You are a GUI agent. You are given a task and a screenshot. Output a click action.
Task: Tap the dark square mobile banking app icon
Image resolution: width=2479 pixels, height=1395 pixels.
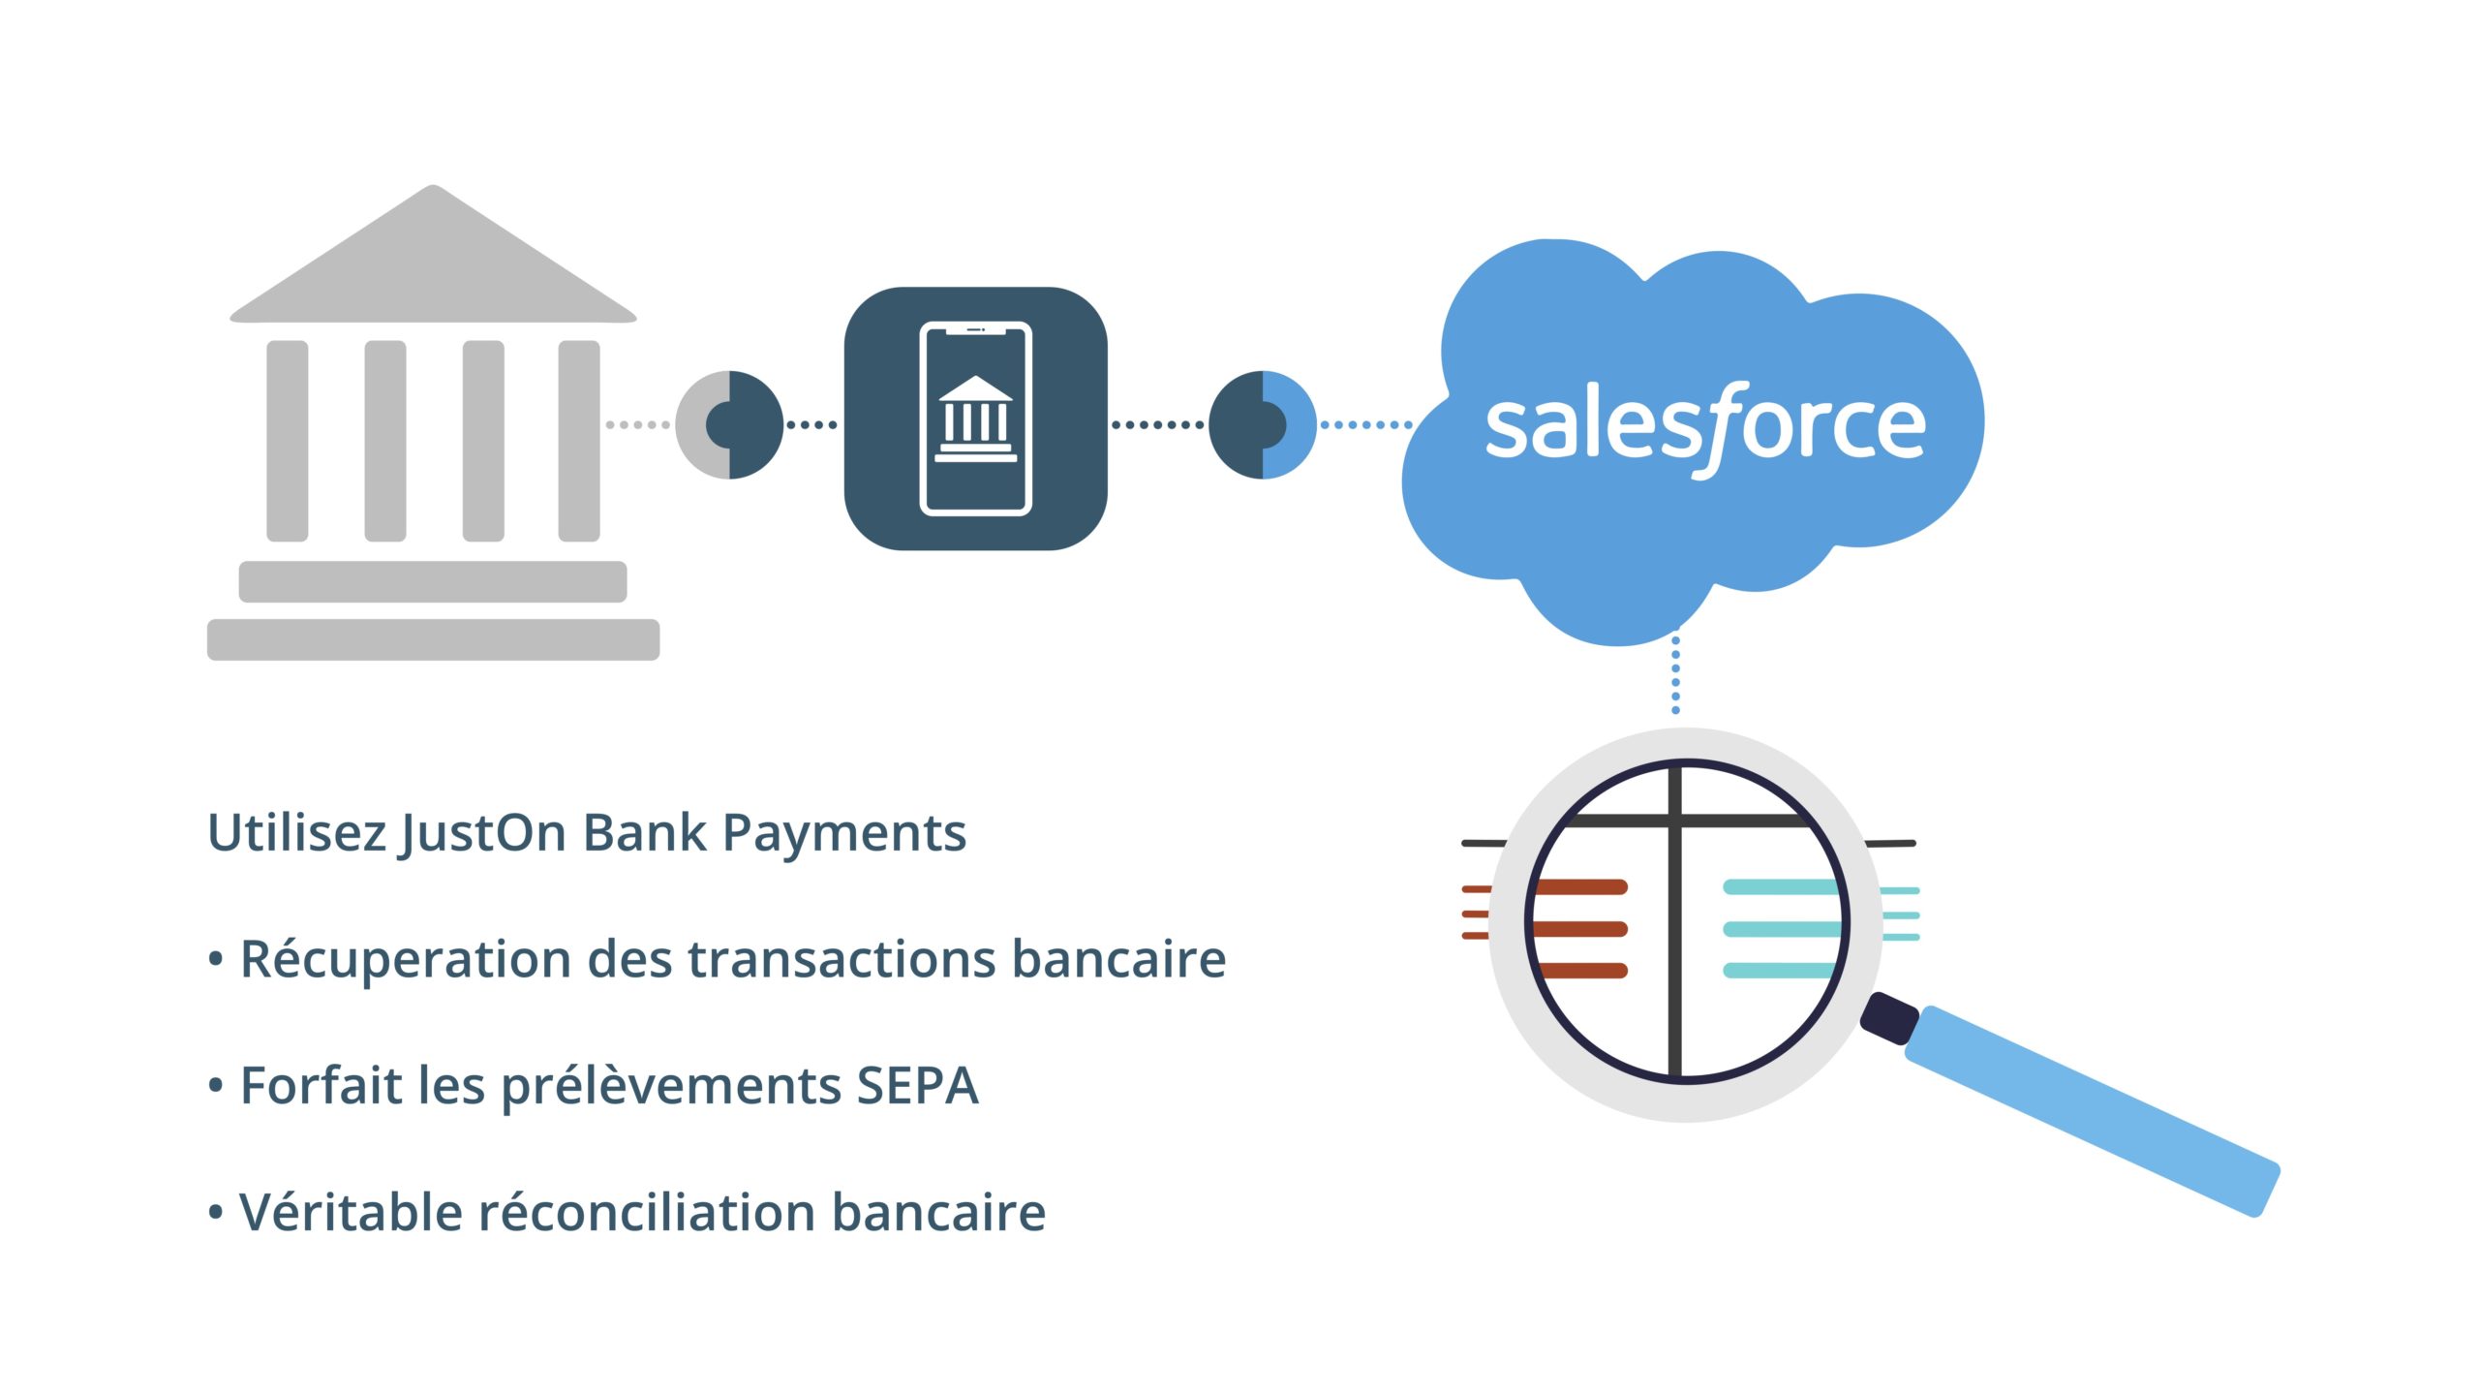[976, 418]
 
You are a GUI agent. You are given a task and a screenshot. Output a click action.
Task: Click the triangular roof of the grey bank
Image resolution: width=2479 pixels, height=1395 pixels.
[433, 254]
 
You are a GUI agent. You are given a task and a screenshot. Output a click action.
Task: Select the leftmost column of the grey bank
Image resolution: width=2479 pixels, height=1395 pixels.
[288, 441]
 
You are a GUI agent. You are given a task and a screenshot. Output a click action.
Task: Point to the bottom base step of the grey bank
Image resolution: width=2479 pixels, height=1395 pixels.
[433, 639]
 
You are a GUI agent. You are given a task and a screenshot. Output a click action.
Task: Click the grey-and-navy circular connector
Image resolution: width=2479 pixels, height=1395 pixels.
[729, 424]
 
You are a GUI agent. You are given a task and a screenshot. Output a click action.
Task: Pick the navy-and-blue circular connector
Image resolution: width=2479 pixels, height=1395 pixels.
[1263, 424]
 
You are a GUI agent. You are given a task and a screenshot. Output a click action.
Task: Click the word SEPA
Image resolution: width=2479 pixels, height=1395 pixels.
[917, 1085]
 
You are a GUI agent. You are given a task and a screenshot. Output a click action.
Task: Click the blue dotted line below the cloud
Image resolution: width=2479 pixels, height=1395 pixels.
[1676, 672]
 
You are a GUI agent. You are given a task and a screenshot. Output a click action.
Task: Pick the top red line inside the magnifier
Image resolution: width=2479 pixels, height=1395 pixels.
[1579, 886]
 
